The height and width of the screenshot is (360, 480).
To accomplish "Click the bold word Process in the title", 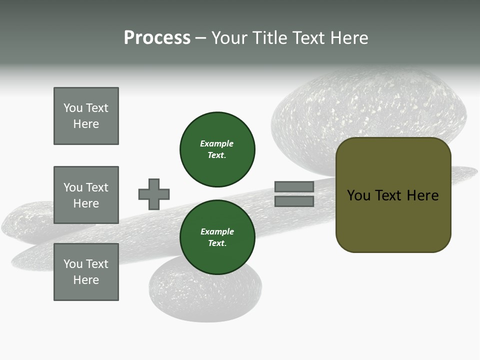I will coord(157,38).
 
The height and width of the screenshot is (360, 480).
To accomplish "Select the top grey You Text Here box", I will coord(86,116).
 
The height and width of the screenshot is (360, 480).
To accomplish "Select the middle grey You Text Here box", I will coord(86,195).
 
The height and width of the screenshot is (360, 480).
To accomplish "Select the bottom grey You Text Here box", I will coord(86,272).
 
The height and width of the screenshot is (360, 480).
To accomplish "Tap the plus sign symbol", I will coord(154,194).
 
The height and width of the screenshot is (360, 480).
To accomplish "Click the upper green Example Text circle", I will coord(217,149).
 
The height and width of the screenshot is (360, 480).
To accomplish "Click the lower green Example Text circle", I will coord(217,237).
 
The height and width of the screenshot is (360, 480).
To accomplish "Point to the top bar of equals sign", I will coord(294,186).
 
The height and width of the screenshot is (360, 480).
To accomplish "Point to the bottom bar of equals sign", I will coord(294,201).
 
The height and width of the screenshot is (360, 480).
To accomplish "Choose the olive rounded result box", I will coord(393,195).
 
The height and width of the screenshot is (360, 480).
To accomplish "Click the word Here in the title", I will coord(349,38).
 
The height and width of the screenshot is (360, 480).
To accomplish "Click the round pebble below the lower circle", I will coord(205,297).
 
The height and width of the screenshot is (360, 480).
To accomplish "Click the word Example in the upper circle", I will coord(217,143).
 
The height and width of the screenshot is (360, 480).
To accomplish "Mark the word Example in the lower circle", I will coord(217,231).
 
